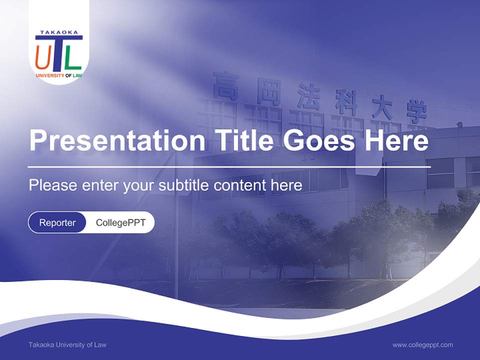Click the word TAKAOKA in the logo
pos(59,32)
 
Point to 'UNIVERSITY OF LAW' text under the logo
pos(59,75)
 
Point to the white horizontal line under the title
pos(229,166)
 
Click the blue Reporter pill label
pos(57,222)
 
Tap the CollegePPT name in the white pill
pos(120,222)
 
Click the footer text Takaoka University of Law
pos(67,344)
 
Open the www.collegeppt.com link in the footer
pos(422,344)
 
